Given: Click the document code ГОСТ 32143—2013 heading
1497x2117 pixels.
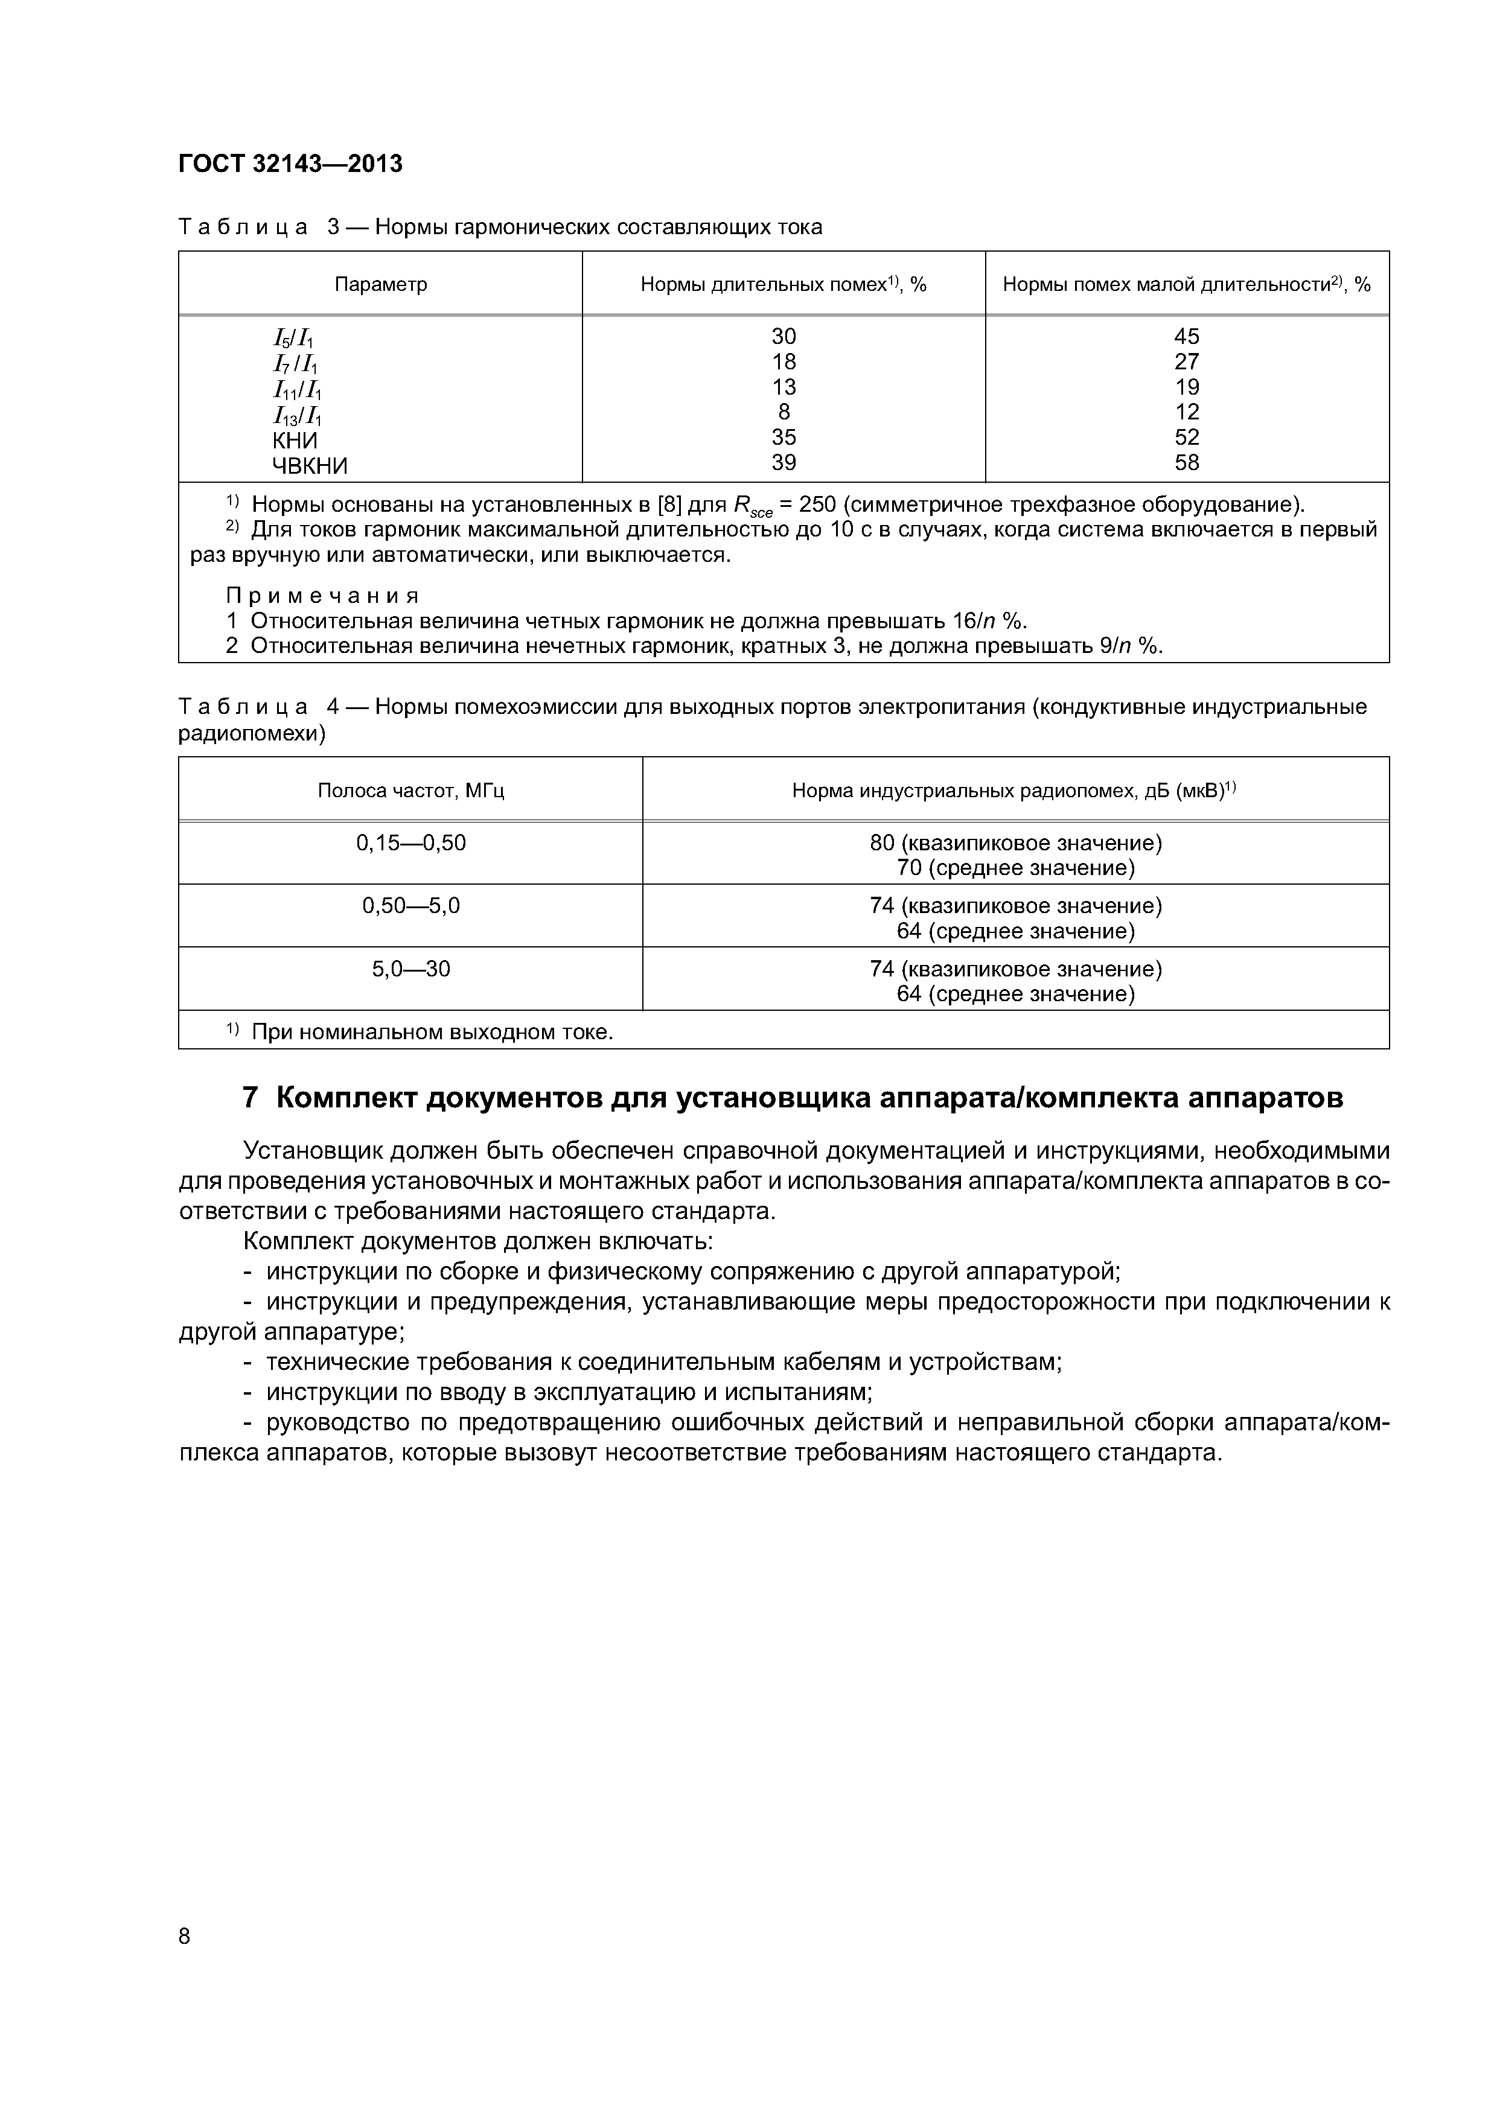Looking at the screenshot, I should tap(290, 164).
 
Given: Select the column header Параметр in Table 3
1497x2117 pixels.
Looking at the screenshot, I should tap(380, 284).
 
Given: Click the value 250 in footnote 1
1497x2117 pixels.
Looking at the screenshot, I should tap(818, 505).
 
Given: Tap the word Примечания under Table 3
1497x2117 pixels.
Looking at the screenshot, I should tap(323, 594).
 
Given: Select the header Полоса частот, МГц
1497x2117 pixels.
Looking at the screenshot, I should tap(410, 790).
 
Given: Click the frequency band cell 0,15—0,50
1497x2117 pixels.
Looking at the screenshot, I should tap(410, 842).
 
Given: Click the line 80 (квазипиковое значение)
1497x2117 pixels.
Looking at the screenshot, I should tap(1015, 842).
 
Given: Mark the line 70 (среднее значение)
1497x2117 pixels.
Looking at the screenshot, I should tap(1015, 868).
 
